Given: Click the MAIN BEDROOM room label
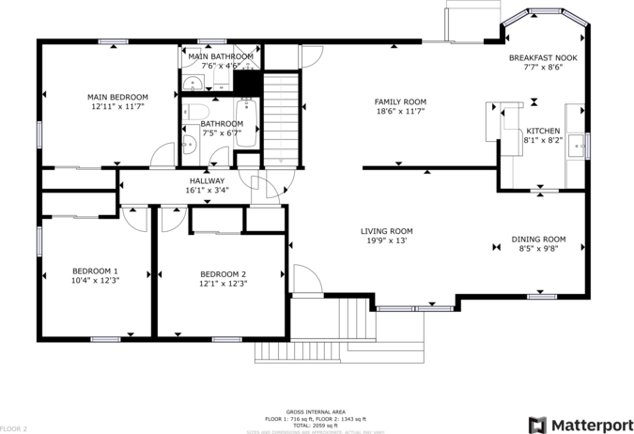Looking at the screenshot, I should (x=117, y=97).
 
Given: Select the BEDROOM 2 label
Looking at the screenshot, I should (x=223, y=273).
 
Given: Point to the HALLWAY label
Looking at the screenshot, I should (x=207, y=180).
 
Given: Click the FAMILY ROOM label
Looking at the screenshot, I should (x=400, y=101).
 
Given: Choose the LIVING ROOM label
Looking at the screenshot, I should (x=386, y=231).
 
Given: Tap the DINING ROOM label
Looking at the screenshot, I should (x=538, y=239).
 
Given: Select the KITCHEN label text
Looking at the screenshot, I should (x=543, y=131).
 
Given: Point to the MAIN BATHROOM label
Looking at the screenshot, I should (x=221, y=56).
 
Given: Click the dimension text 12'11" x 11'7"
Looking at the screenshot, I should (x=117, y=107).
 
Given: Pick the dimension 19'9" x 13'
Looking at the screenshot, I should (x=386, y=241).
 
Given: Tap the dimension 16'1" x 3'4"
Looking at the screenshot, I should (x=207, y=191).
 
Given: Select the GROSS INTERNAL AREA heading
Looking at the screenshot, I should (x=316, y=412).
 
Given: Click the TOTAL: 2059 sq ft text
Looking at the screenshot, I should (x=316, y=425).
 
